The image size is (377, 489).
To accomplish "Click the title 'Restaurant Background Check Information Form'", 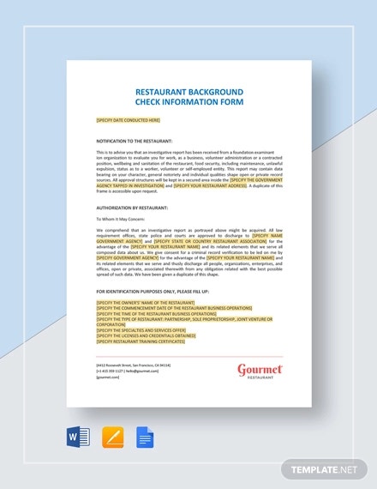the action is coord(189,98).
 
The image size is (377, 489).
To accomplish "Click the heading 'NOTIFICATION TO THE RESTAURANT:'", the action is coord(135,140).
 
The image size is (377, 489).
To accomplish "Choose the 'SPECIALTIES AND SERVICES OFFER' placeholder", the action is coord(140,330).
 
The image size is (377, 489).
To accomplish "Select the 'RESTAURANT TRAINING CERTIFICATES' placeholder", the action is coord(141,341).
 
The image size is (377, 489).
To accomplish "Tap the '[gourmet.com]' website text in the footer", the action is coord(108,376).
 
